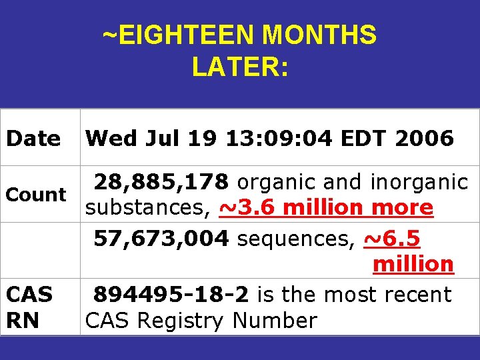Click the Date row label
click(33, 139)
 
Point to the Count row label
click(35, 195)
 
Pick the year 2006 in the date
click(424, 139)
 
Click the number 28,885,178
click(161, 181)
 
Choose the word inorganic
click(420, 181)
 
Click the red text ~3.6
click(247, 208)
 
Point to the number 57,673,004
click(161, 238)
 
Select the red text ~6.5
click(392, 238)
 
